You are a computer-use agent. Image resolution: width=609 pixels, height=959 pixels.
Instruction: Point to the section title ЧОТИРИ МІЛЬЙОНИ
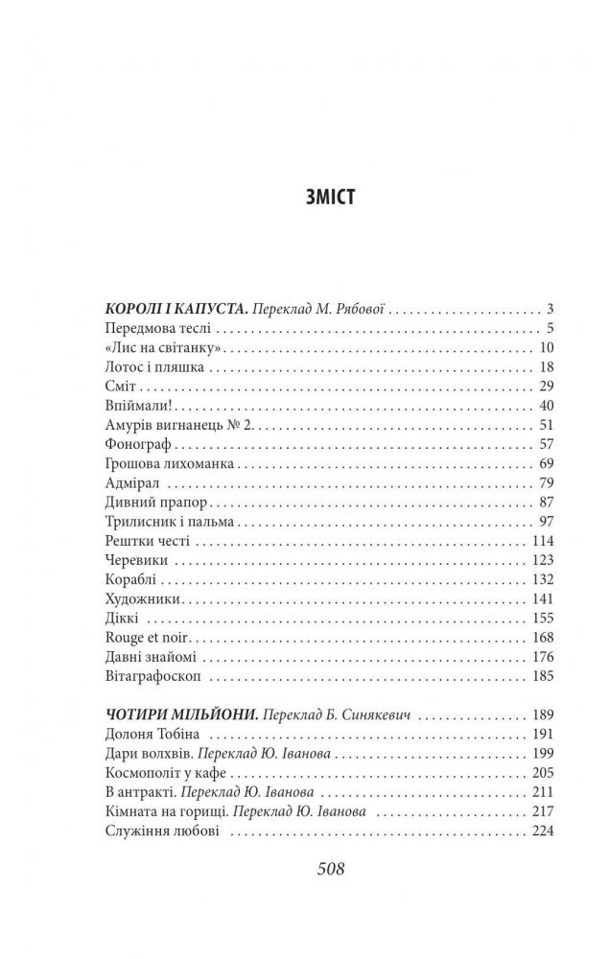pyautogui.click(x=178, y=715)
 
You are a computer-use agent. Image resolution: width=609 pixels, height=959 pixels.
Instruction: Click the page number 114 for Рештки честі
pyautogui.click(x=543, y=542)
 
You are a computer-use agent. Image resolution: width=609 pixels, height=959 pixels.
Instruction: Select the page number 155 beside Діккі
pyautogui.click(x=543, y=619)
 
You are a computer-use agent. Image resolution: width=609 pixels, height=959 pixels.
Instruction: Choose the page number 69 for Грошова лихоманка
pyautogui.click(x=547, y=464)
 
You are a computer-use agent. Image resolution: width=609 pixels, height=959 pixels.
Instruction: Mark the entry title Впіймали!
pyautogui.click(x=130, y=406)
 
